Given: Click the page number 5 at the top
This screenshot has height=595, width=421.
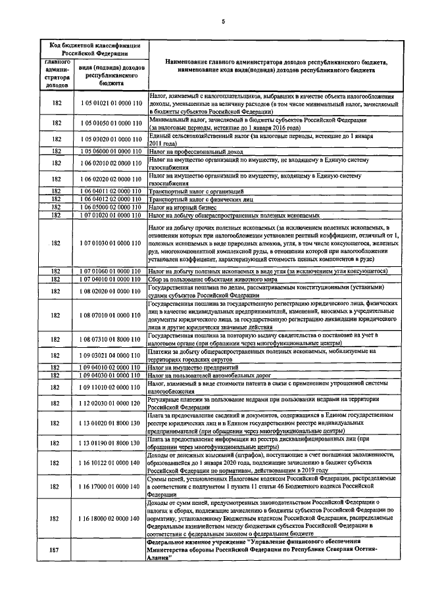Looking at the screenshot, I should [x=222, y=22].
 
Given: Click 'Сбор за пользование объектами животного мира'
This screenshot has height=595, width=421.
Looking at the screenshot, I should [x=212, y=278].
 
